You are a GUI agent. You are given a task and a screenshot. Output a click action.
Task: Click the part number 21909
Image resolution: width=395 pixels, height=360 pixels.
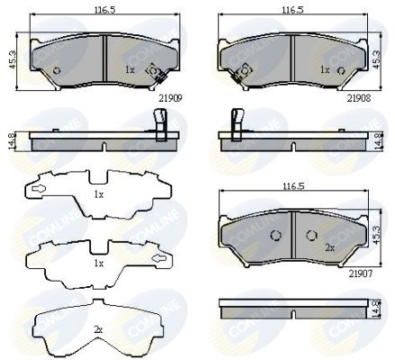point(171,98)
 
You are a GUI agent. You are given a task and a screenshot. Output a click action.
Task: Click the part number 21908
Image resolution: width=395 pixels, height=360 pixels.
point(359,98)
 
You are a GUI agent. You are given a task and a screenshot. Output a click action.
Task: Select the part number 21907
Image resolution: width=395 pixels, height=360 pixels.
point(360,274)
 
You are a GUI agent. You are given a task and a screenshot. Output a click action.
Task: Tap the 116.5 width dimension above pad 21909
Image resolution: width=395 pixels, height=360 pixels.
point(105,10)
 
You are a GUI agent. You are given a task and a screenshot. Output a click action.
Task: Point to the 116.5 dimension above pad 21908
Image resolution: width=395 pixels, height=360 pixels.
point(292,10)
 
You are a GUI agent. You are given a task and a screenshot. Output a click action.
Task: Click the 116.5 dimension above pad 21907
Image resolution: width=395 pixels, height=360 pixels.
point(293,186)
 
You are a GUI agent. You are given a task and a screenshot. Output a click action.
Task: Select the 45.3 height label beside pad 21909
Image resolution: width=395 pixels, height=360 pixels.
point(13,60)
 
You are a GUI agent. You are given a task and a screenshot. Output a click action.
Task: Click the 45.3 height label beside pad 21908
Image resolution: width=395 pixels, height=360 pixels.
point(377,59)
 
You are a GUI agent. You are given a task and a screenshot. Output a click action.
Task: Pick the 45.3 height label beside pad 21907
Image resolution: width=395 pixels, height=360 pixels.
point(377,235)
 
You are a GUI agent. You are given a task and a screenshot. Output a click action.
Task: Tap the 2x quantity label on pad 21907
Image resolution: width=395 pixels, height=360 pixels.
point(330,247)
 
